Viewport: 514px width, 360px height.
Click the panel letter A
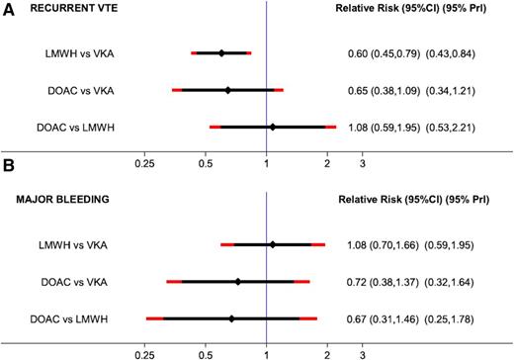coord(8,9)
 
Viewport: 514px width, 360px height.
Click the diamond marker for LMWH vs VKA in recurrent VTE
coord(221,53)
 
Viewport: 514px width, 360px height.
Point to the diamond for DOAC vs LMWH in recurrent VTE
coord(273,127)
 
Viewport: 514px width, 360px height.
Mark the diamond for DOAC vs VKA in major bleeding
coord(238,282)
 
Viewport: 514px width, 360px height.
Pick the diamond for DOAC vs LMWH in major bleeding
coord(231,318)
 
